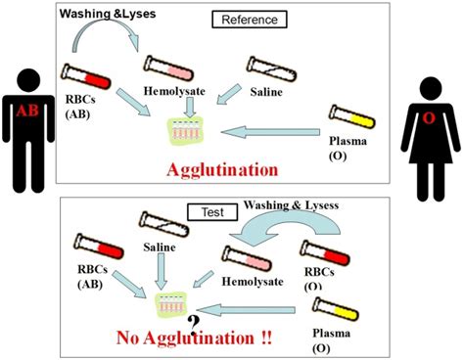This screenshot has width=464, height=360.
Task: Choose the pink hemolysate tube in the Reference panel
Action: click(170, 67)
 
